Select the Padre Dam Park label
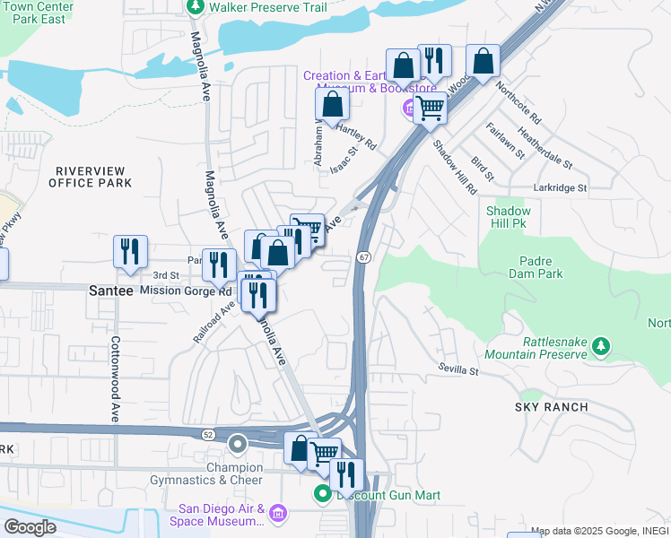click(x=541, y=267)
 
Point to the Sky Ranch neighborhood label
click(x=551, y=407)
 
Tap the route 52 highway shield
click(x=208, y=434)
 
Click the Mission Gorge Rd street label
click(x=186, y=291)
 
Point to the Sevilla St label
click(x=459, y=369)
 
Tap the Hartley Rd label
click(x=355, y=136)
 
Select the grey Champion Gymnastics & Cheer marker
click(x=238, y=444)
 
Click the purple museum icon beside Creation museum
click(x=408, y=109)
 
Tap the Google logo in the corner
click(x=29, y=527)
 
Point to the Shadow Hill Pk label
click(x=509, y=217)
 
